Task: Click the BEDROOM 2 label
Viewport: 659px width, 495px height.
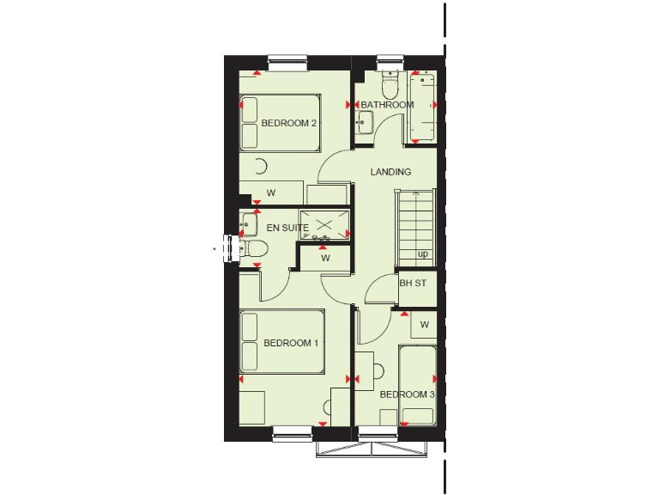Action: [289, 123]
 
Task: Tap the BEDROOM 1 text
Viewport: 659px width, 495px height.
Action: [291, 343]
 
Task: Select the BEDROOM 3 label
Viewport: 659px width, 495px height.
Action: [407, 394]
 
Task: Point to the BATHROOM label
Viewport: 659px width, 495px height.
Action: [387, 105]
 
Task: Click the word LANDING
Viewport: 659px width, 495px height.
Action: [390, 172]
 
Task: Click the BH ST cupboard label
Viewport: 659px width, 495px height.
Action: [413, 283]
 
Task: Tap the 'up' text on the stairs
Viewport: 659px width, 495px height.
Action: [423, 254]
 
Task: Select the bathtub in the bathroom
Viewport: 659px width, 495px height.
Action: [423, 107]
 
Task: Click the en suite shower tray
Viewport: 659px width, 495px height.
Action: [325, 225]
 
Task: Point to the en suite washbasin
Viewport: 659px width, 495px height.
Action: [247, 224]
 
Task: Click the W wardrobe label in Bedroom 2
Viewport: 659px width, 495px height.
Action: [270, 192]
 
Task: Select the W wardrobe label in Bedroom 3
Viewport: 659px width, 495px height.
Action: [424, 324]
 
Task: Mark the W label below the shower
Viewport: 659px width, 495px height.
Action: [325, 257]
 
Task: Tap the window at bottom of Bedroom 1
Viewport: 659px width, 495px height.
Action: [293, 434]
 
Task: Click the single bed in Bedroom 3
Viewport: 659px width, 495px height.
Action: [418, 382]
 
